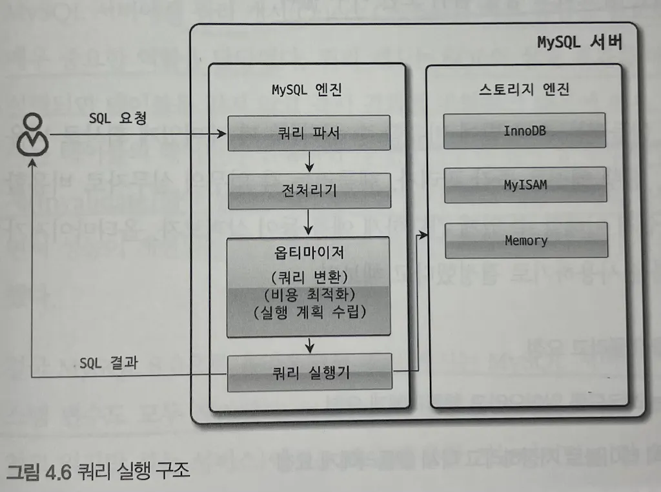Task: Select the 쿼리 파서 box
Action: (309, 132)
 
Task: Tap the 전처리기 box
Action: (309, 191)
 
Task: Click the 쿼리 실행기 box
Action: (309, 373)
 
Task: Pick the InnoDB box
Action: (525, 130)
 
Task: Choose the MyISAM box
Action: (525, 185)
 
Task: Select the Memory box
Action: (525, 241)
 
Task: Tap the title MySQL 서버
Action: (579, 43)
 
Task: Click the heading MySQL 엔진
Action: (306, 89)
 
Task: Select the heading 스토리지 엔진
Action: (525, 89)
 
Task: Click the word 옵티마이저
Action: (309, 253)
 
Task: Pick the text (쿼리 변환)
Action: (309, 276)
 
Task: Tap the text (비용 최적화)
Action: (309, 294)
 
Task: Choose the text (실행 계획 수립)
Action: (309, 313)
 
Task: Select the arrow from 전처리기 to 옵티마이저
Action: (310, 222)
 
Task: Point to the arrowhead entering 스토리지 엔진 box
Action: (425, 235)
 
